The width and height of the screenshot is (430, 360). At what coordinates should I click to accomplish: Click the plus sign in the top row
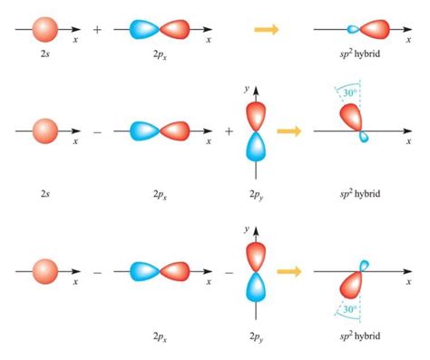pyautogui.click(x=97, y=30)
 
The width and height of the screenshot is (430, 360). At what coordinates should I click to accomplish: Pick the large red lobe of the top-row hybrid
pyautogui.click(x=375, y=30)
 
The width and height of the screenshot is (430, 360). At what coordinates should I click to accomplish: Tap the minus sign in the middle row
pyautogui.click(x=97, y=131)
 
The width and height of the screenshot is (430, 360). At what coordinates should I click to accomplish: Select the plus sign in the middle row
pyautogui.click(x=229, y=131)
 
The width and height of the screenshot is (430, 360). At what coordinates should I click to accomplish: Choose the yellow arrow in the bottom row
pyautogui.click(x=288, y=271)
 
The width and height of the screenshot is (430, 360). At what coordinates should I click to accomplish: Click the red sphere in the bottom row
pyautogui.click(x=45, y=271)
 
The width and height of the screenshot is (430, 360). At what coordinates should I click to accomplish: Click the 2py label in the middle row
pyautogui.click(x=256, y=194)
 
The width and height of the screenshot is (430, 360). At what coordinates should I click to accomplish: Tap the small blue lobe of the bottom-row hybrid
pyautogui.click(x=365, y=266)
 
